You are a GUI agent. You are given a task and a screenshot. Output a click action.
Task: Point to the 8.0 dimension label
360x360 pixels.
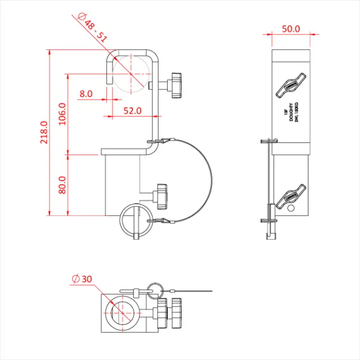[x=86, y=94]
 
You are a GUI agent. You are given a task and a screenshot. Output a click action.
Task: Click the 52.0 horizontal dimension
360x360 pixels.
[x=132, y=111]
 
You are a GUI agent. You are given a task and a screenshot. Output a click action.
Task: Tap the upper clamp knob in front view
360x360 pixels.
[x=175, y=84]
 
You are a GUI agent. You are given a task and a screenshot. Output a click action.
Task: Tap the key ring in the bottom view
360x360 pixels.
[x=156, y=288]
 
